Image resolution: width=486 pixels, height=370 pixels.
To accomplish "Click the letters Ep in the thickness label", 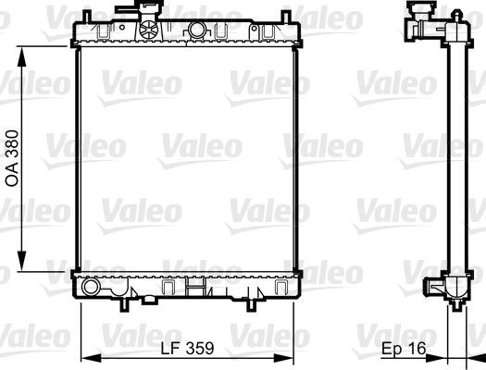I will pos(393,349).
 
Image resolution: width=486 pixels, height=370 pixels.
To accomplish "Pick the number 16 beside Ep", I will pos(418,349).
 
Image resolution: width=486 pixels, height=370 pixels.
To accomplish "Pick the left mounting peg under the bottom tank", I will pos(122,302).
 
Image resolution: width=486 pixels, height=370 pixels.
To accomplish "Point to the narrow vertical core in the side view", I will pos(455,157).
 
